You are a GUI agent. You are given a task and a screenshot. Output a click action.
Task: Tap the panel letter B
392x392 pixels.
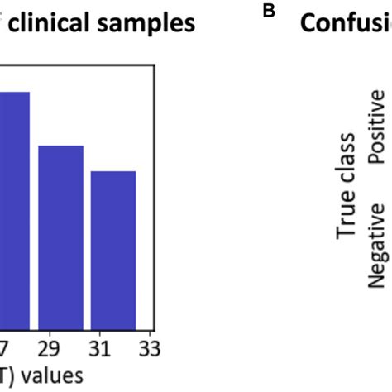point(267,11)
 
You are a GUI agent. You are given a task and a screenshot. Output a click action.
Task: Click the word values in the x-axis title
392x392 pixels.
point(51,376)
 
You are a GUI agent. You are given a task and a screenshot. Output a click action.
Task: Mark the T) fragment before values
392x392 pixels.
point(9,376)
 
